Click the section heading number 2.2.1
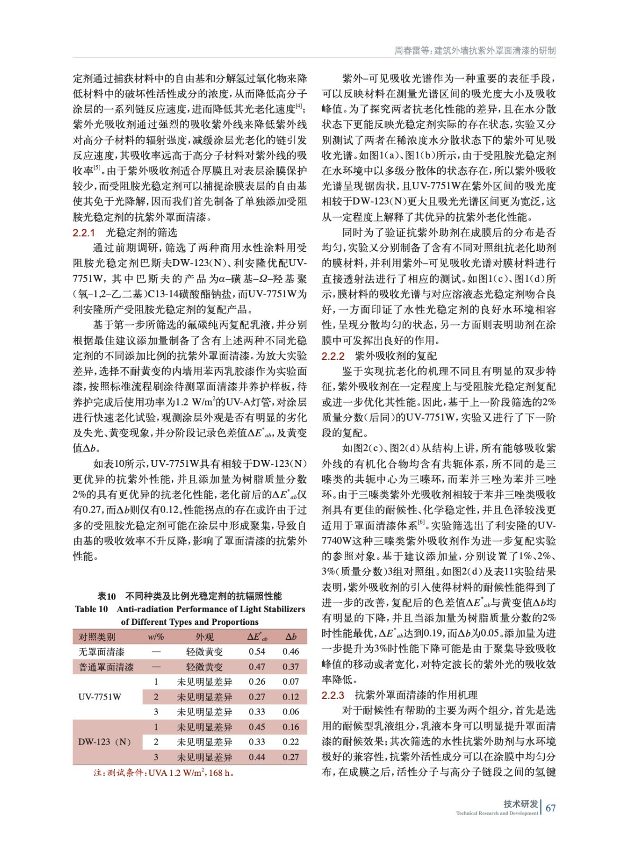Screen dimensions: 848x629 pos(84,233)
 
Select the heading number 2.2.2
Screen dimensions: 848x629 pos(333,356)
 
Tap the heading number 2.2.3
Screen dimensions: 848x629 pos(333,695)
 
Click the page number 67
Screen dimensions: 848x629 pos(551,808)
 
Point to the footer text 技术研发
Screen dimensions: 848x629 pos(520,803)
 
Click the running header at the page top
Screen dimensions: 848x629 pos(475,51)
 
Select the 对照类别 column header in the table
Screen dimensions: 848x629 pos(97,637)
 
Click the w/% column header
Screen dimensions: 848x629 pos(156,637)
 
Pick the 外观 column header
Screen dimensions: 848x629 pos(205,637)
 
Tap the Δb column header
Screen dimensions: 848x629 pos(291,637)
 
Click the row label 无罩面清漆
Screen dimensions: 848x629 pos(102,651)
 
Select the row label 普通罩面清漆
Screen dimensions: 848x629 pos(106,667)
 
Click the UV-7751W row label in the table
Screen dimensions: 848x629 pos(100,697)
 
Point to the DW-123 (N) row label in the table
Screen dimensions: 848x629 pos(104,742)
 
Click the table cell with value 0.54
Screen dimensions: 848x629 pos(257,651)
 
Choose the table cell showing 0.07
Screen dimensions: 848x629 pos(291,682)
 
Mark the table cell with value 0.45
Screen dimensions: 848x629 pos(257,727)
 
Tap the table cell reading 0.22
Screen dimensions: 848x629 pos(291,742)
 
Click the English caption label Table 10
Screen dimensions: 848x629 pos(91,609)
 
